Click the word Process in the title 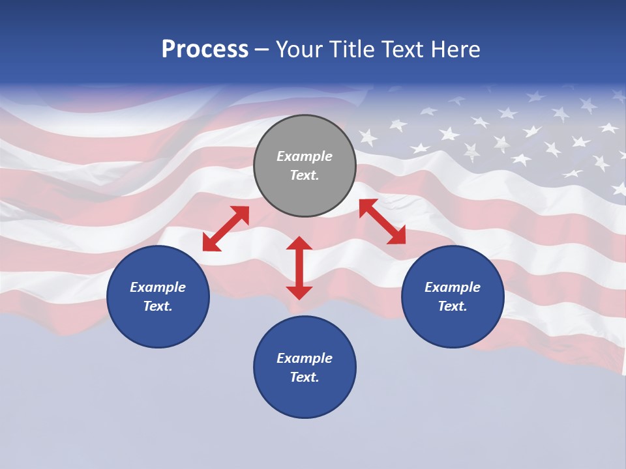(205, 50)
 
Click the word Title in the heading (350, 50)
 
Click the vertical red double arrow (299, 268)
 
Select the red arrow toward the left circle (226, 229)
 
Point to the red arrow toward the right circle (382, 221)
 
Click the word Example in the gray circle (305, 156)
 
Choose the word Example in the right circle (453, 287)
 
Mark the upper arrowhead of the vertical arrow (299, 243)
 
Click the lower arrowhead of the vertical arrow (299, 292)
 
